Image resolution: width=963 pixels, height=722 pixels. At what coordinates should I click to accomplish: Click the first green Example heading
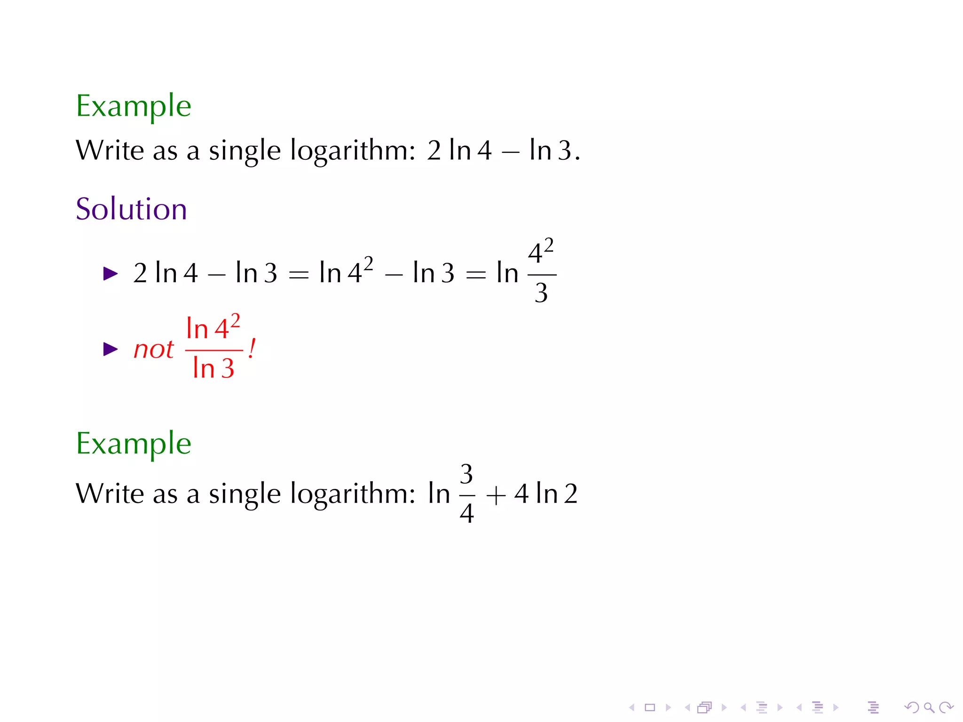pyautogui.click(x=134, y=106)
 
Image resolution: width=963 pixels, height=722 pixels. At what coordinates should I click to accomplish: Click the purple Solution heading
pyautogui.click(x=131, y=209)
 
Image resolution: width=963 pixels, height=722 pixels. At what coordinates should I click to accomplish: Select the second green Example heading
pyautogui.click(x=134, y=444)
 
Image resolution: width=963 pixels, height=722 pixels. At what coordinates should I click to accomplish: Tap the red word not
pyautogui.click(x=153, y=350)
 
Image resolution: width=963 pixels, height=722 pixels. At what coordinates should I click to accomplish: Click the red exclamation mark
pyautogui.click(x=252, y=349)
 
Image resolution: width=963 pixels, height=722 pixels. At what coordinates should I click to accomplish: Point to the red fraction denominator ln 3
pyautogui.click(x=213, y=368)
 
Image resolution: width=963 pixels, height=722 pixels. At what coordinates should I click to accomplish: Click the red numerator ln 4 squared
pyautogui.click(x=213, y=328)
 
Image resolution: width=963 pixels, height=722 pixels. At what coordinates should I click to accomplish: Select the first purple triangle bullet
pyautogui.click(x=111, y=274)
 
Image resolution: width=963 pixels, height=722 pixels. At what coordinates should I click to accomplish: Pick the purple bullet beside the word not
pyautogui.click(x=111, y=349)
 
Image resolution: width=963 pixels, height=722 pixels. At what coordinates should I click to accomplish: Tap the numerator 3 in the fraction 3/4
pyautogui.click(x=466, y=474)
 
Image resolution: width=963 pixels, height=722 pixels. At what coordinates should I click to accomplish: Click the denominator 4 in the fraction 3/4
pyautogui.click(x=466, y=513)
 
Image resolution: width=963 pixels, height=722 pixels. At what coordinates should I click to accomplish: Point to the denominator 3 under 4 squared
pyautogui.click(x=541, y=293)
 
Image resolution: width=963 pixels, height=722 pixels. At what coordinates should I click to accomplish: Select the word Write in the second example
pyautogui.click(x=110, y=494)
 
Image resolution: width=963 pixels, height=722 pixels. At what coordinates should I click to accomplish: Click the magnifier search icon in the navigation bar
pyautogui.click(x=928, y=707)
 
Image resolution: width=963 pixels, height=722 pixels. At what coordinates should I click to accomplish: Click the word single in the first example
pyautogui.click(x=245, y=151)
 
